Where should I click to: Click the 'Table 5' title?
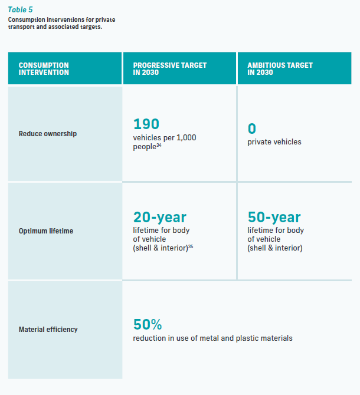tap(20, 9)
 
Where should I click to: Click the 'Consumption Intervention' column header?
tap(44, 69)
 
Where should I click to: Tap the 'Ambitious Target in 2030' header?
tap(280, 69)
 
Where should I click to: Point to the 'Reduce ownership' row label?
tap(48, 134)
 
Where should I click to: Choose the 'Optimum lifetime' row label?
tap(46, 231)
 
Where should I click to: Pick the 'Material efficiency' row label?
tap(48, 330)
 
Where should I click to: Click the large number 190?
tap(146, 124)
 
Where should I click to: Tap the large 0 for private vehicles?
tap(252, 129)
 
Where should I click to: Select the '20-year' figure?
tap(159, 218)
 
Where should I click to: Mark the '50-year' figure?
tap(274, 218)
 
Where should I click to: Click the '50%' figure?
tap(148, 325)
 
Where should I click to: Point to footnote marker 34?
tap(159, 144)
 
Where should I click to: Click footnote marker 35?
tap(191, 246)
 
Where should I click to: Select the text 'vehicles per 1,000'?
tap(165, 137)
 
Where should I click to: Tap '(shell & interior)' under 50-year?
tap(275, 248)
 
